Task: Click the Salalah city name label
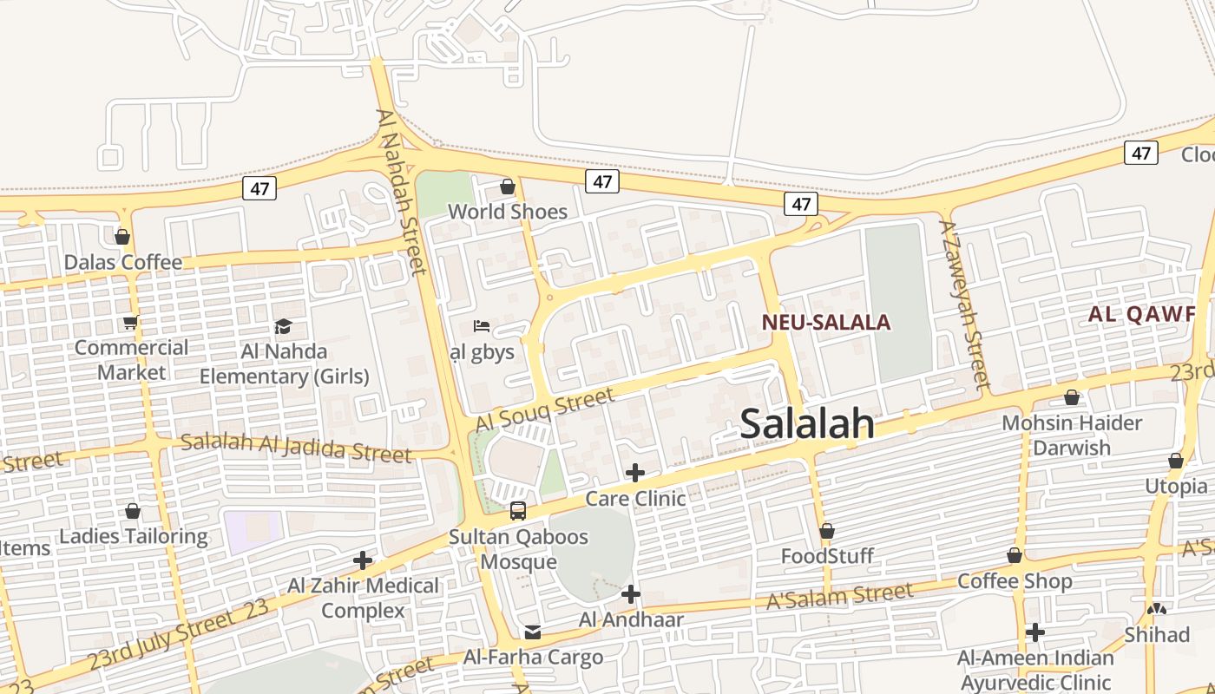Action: click(807, 423)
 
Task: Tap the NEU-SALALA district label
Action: click(826, 323)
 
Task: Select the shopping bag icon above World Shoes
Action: click(508, 187)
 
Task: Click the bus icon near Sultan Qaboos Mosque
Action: click(518, 511)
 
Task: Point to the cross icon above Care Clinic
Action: click(635, 473)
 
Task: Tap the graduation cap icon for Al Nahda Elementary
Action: click(284, 326)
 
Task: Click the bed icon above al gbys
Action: click(482, 326)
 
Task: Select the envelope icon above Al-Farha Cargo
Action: click(533, 632)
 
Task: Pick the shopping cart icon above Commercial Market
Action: click(130, 323)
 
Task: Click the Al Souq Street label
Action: click(545, 410)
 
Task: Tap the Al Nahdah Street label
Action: click(402, 191)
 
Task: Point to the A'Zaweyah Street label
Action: click(964, 304)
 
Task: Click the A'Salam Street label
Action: click(840, 596)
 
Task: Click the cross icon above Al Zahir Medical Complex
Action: click(363, 560)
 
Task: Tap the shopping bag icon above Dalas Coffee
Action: click(122, 237)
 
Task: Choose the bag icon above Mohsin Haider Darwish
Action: click(1072, 397)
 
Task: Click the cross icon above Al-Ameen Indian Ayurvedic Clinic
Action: click(1034, 632)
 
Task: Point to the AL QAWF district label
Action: click(1142, 314)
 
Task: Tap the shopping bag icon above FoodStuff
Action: click(827, 530)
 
